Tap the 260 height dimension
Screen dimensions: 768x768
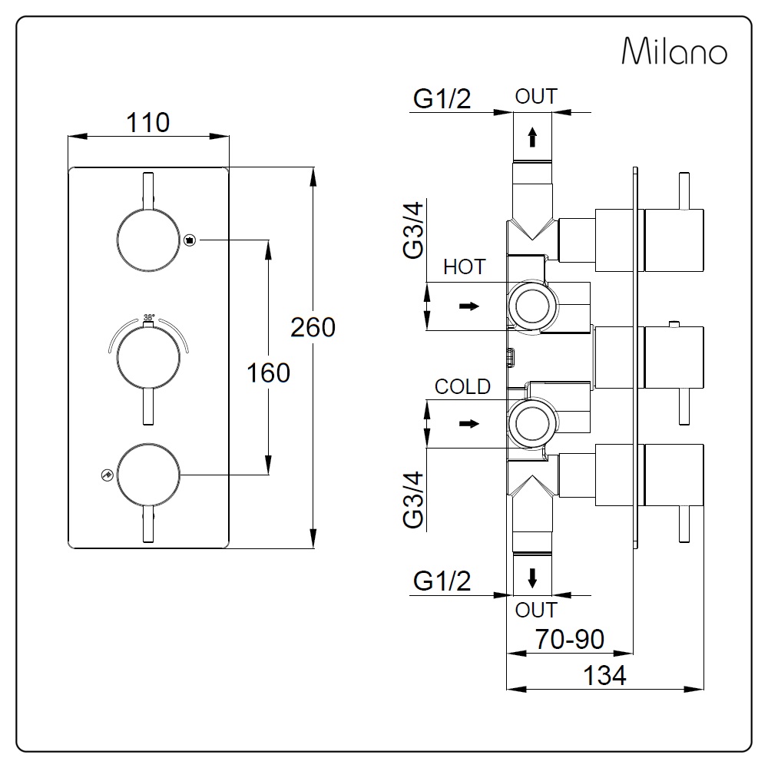click(x=313, y=327)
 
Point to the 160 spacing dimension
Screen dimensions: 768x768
click(x=268, y=372)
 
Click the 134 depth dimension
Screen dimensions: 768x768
click(x=604, y=676)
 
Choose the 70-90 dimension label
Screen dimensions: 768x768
click(x=570, y=638)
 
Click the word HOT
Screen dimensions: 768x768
click(x=465, y=267)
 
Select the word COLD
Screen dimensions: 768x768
click(x=462, y=386)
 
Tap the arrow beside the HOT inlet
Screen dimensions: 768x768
click(x=468, y=306)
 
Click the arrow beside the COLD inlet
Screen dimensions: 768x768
click(x=468, y=423)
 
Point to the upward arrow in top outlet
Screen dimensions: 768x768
click(x=532, y=137)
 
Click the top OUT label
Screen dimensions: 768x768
click(x=535, y=97)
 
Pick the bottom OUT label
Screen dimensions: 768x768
click(x=535, y=611)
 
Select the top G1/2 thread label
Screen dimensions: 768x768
click(x=442, y=100)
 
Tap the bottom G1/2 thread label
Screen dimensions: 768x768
click(x=442, y=582)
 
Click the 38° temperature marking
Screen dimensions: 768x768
click(x=149, y=316)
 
